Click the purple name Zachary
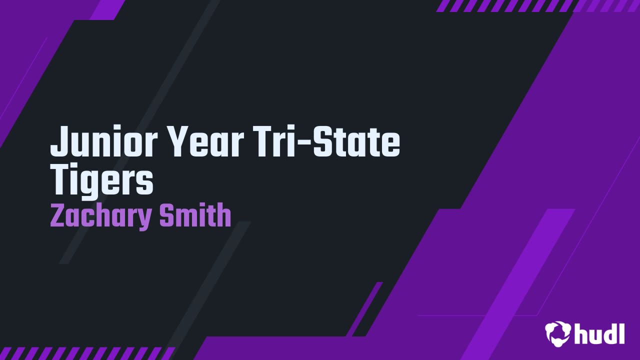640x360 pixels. click(100, 216)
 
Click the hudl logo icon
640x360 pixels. click(557, 333)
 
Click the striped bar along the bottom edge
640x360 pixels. click(87, 353)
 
